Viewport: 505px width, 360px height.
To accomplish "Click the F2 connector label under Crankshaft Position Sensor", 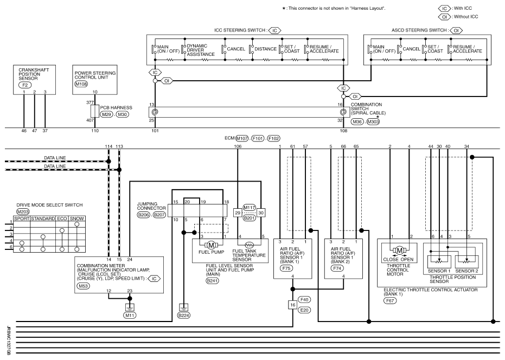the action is pos(25,85).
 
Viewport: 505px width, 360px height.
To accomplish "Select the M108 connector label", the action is pos(81,84).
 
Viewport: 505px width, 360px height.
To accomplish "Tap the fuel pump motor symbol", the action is pos(211,245).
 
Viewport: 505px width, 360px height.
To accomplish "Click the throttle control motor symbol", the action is pos(399,250).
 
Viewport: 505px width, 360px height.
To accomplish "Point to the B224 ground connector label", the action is pos(183,316).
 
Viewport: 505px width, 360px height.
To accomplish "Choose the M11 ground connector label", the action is pos(130,316).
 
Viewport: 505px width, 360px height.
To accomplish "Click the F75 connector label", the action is pos(286,268).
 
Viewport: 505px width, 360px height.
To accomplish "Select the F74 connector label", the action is pos(337,268).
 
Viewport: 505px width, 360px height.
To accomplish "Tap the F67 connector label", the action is pos(390,301).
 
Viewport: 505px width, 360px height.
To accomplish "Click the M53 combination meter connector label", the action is pos(83,286).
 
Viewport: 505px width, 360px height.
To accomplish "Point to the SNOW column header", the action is pos(77,218).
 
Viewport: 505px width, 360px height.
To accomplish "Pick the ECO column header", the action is pos(62,218).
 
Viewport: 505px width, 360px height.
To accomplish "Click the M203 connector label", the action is pos(23,212).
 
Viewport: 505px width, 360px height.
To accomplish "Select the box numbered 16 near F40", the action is pos(292,305).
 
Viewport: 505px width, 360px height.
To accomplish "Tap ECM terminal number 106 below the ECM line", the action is pos(238,146).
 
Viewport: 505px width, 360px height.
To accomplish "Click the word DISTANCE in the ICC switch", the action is pos(265,49).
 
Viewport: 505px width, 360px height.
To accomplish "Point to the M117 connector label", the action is pos(250,208).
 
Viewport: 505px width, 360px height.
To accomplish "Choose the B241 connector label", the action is pos(212,281).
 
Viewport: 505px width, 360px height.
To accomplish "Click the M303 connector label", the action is pos(373,122).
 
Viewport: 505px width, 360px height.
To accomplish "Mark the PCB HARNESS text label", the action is pos(116,107).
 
